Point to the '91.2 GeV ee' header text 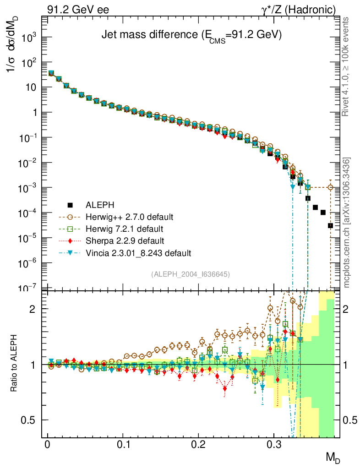[x=78, y=9]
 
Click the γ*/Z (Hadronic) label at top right [x=302, y=9]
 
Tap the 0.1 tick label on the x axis [x=123, y=445]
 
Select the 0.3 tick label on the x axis [x=274, y=445]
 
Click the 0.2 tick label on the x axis [x=198, y=445]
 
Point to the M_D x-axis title [x=333, y=457]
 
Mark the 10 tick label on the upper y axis [x=33, y=87]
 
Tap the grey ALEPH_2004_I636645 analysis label [x=190, y=274]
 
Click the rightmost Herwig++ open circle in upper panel [x=331, y=187]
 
